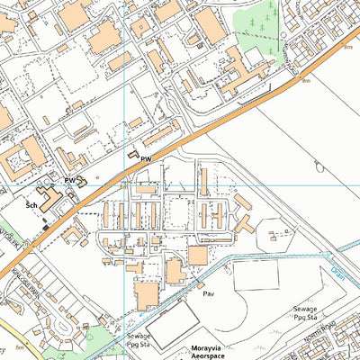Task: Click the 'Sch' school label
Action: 31,205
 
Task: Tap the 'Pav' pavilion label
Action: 208,294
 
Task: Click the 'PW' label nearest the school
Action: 68,181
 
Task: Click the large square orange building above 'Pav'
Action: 197,256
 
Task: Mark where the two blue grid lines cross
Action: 123,186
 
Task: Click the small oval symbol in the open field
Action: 318,164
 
